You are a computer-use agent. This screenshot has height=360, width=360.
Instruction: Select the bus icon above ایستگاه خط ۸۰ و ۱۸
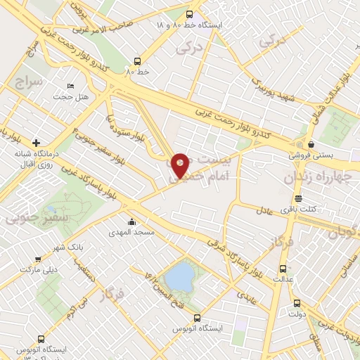pos(188,13)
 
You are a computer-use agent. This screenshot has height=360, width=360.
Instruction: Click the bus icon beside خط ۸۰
pos(138,60)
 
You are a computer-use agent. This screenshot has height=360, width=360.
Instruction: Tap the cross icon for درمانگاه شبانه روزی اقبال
pos(36,143)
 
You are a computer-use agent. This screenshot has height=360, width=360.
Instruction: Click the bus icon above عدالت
pos(283,269)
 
